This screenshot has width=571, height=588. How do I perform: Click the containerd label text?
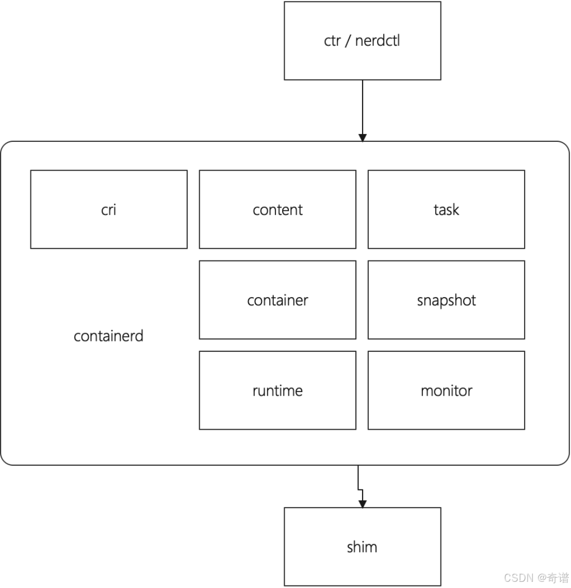click(108, 336)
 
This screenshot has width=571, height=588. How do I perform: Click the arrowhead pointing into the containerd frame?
click(363, 138)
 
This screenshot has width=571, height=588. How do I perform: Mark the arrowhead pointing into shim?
click(363, 504)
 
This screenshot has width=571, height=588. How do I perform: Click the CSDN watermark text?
click(536, 577)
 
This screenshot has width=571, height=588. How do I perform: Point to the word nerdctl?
click(378, 41)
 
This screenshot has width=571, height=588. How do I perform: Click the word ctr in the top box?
click(332, 41)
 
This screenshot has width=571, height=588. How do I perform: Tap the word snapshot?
click(446, 301)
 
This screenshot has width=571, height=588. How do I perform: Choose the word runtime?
click(278, 391)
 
